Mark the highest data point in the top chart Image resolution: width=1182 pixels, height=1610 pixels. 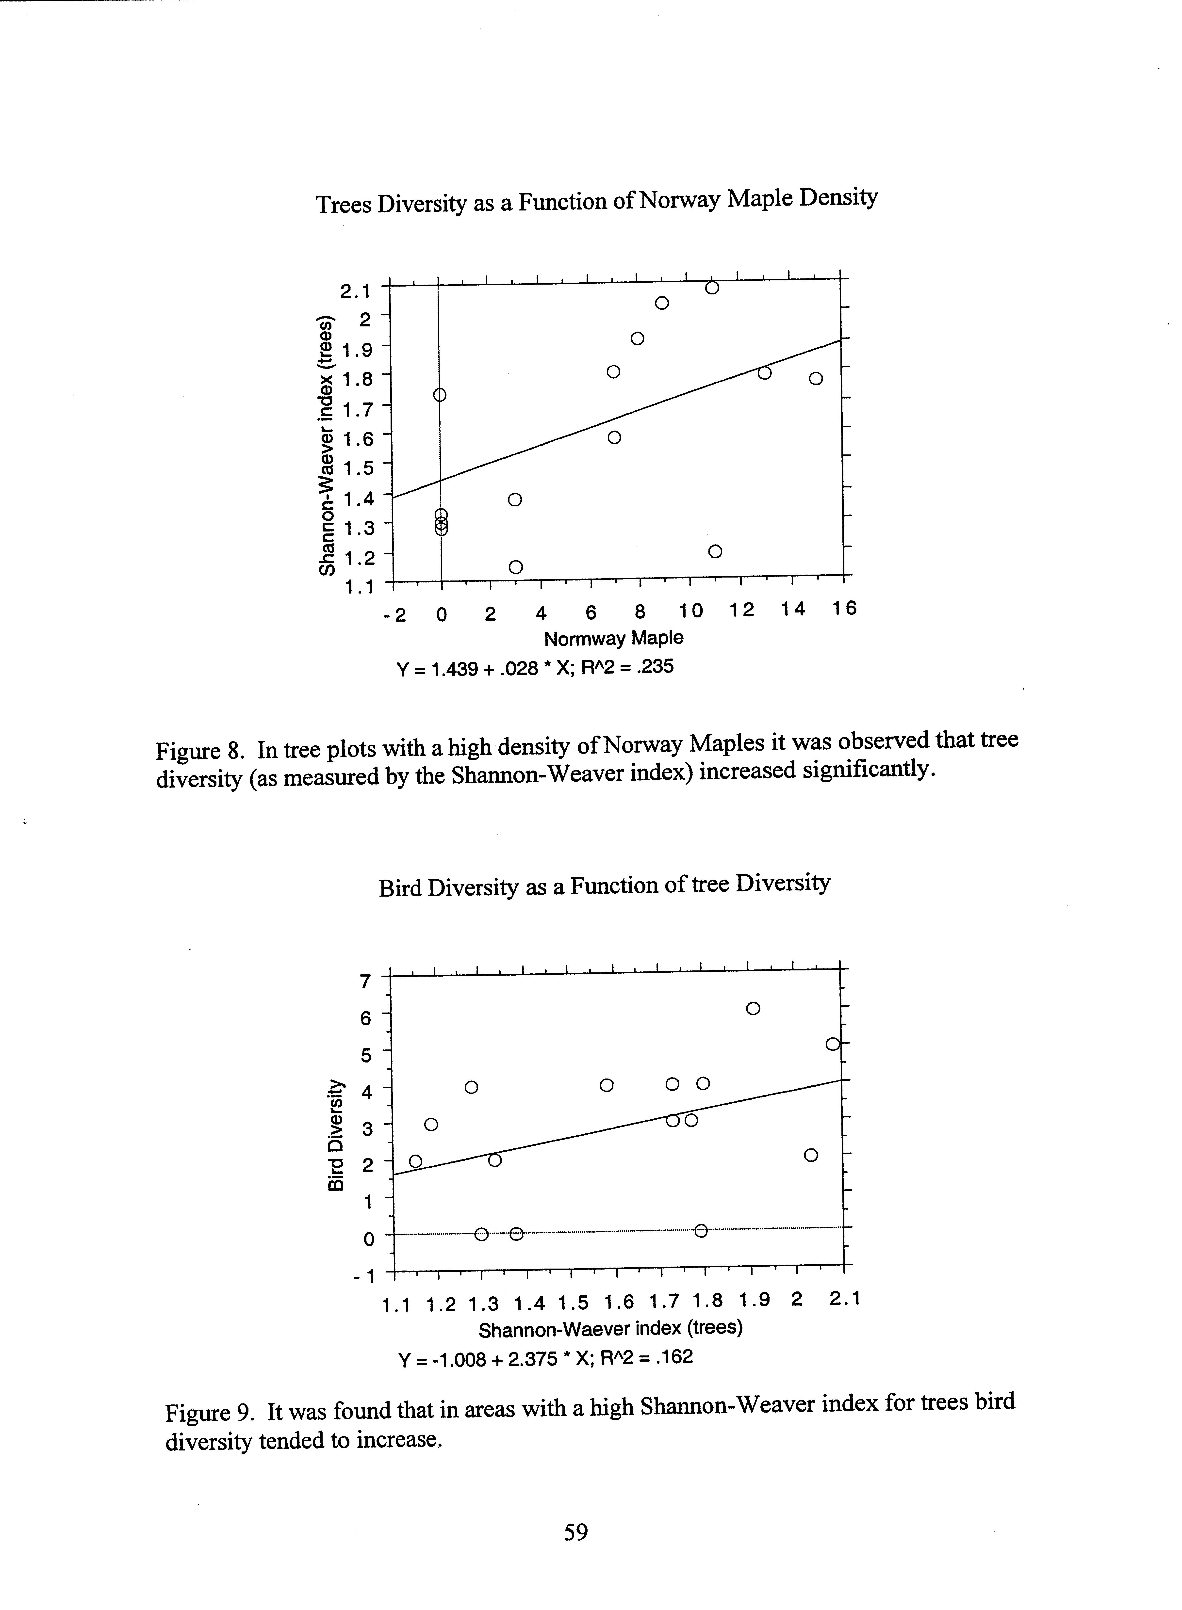(x=712, y=288)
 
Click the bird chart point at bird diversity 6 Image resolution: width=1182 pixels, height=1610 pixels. (x=753, y=1009)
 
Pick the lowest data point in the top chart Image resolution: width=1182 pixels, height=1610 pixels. (x=516, y=566)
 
